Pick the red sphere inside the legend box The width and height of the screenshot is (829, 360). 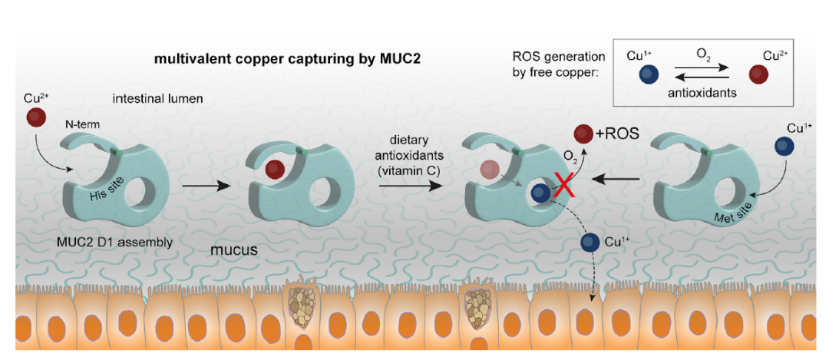[758, 74]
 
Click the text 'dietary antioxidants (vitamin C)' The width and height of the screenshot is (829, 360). [407, 156]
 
